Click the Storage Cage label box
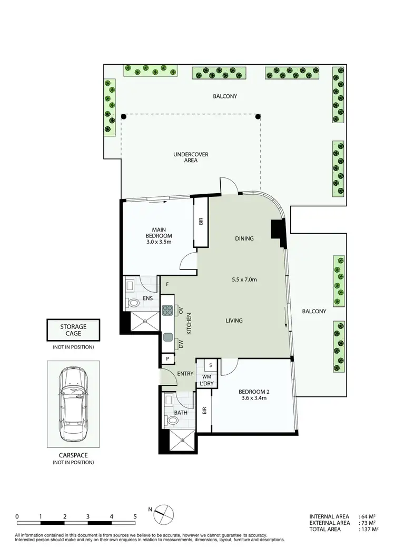(x=73, y=330)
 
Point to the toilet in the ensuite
(x=133, y=303)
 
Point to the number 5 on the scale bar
(x=135, y=516)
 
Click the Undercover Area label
(x=191, y=157)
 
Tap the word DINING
(x=244, y=238)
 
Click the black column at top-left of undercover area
(x=123, y=116)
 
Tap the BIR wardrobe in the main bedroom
(x=201, y=222)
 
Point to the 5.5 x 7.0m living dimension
(x=243, y=279)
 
